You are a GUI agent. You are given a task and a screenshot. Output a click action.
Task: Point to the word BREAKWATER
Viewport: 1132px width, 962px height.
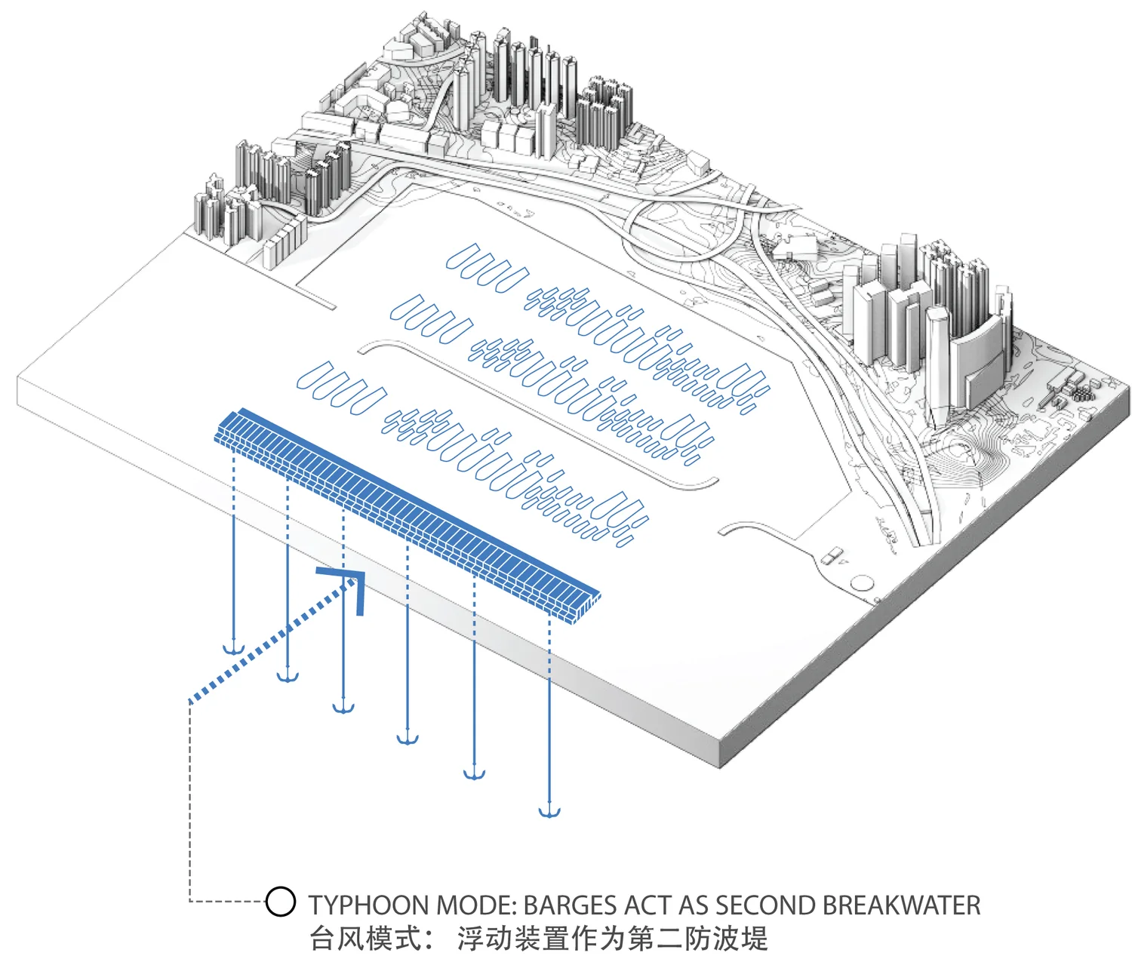click(x=902, y=905)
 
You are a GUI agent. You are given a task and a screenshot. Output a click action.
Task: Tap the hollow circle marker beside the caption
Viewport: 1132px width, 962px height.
click(x=281, y=902)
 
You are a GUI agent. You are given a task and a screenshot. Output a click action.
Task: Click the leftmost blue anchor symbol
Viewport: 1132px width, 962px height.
click(x=233, y=648)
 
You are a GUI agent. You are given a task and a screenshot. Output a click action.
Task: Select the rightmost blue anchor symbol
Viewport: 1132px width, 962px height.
click(x=549, y=812)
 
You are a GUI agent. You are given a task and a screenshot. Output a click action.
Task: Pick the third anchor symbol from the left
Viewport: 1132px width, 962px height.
click(x=344, y=707)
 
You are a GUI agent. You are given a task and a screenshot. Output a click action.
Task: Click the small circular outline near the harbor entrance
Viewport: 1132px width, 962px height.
click(x=861, y=582)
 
